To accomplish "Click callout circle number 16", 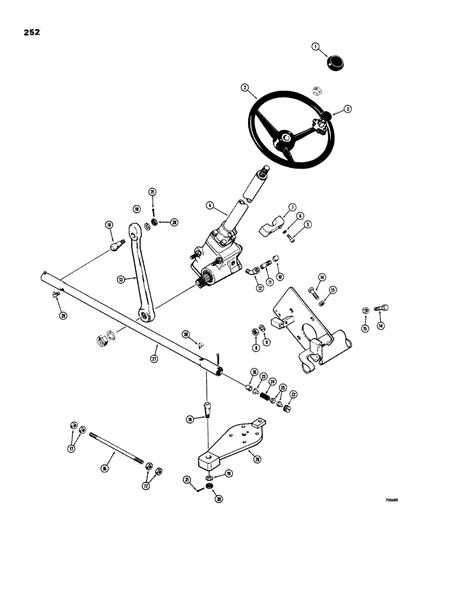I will (x=104, y=469).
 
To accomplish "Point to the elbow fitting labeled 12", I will (x=251, y=271).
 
